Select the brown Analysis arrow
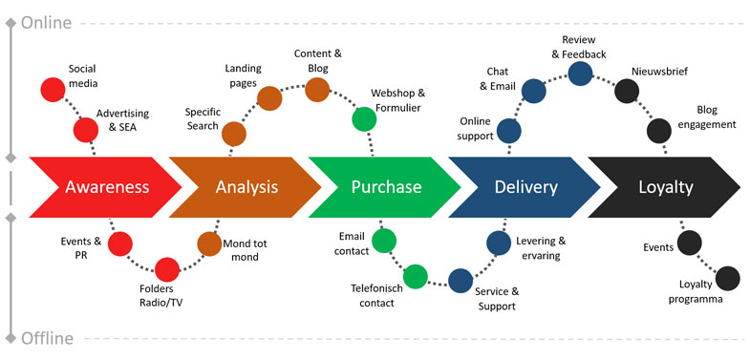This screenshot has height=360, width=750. coord(244,187)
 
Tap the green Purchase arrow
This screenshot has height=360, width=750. coord(384,187)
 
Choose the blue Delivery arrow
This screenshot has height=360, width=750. coord(524,187)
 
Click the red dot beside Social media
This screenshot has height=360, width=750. coord(53,90)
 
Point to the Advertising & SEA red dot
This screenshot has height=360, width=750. coord(86,130)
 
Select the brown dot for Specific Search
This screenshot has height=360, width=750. coord(234,134)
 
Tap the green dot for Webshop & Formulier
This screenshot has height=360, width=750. coord(364,119)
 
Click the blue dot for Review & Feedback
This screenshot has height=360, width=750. coord(580,74)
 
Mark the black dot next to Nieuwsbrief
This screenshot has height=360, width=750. coord(627,92)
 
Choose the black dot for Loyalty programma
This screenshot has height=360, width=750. coord(727,278)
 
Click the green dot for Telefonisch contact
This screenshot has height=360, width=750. coord(416,276)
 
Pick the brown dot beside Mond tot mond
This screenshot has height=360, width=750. coord(209,244)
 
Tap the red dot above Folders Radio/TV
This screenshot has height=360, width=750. coord(167,269)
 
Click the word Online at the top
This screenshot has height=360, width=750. coord(47,23)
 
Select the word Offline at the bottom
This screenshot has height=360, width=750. coord(48,338)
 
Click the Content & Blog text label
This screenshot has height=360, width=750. coord(318,61)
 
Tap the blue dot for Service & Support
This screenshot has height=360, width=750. coord(461,281)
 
